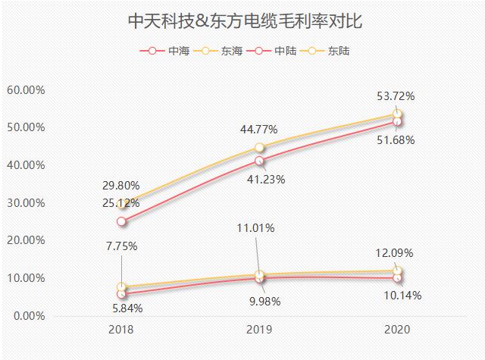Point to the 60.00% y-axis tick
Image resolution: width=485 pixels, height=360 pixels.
pyautogui.click(x=26, y=89)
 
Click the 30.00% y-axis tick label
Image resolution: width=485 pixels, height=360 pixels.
pyautogui.click(x=26, y=202)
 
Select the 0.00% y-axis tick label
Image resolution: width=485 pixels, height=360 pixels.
pyautogui.click(x=28, y=315)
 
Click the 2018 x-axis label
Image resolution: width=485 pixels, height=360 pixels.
pyautogui.click(x=121, y=331)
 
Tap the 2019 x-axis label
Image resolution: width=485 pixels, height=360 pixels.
pyautogui.click(x=259, y=331)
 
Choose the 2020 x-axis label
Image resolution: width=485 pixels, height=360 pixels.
pyautogui.click(x=397, y=331)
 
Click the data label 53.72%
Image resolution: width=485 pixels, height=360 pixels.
pyautogui.click(x=396, y=96)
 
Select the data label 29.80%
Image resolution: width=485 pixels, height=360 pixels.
pyautogui.click(x=122, y=185)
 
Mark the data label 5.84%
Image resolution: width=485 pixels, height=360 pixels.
pyautogui.click(x=124, y=308)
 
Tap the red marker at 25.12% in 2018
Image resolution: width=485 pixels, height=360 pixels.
pyautogui.click(x=121, y=221)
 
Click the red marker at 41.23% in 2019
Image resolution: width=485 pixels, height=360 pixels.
pyautogui.click(x=259, y=161)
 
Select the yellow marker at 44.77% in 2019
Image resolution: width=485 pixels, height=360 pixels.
pyautogui.click(x=259, y=148)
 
